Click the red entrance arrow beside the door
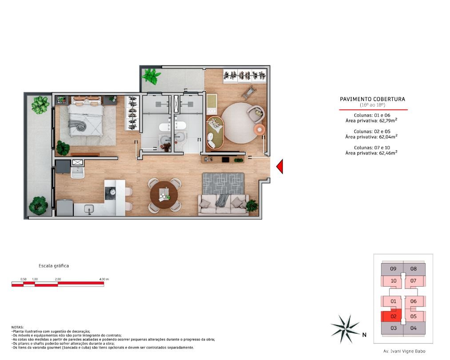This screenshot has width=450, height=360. pos(280,167)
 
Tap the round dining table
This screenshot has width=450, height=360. pos(164,195)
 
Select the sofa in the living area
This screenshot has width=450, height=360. pos(223,204)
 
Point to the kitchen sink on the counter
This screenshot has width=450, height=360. pos(89,209)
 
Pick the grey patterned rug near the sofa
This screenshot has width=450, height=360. pos(223,184)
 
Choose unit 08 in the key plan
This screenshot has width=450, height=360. pos(413,269)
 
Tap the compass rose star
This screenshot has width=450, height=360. pos(345,329)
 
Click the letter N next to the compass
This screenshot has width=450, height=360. pos(364,335)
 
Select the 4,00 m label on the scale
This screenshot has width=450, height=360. pos(104,279)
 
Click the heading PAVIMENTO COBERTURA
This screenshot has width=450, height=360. pos(373,99)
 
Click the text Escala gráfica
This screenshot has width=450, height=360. pos(54,266)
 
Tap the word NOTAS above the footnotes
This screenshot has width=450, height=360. pos(17,327)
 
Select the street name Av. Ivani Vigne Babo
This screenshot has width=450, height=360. pos(404,351)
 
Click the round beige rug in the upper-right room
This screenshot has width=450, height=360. pos(240,123)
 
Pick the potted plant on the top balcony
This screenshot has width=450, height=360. pos(151,76)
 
